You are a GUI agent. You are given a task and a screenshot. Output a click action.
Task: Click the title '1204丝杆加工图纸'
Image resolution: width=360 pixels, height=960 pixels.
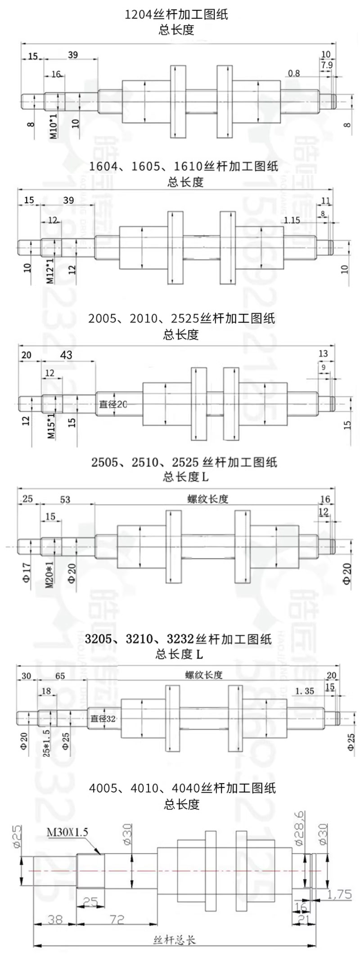176,15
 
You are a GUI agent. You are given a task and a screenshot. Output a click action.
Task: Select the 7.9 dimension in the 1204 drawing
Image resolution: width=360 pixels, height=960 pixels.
327,65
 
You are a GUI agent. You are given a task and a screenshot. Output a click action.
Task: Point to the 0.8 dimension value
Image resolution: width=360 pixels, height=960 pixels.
294,73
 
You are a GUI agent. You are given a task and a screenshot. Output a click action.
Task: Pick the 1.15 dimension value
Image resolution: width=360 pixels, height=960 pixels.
292,220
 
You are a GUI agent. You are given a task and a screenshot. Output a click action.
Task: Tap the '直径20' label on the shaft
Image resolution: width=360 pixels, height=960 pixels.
113,404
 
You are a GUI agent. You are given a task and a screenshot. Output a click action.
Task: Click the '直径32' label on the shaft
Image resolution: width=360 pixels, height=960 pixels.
103,718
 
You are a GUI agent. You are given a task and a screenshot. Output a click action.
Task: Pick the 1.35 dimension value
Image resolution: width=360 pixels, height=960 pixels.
305,691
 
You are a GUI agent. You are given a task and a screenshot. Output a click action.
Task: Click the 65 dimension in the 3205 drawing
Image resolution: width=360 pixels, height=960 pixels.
60,676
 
